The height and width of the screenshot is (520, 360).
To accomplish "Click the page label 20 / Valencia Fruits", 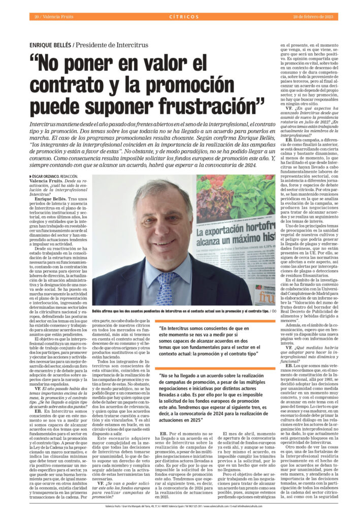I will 53,17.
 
